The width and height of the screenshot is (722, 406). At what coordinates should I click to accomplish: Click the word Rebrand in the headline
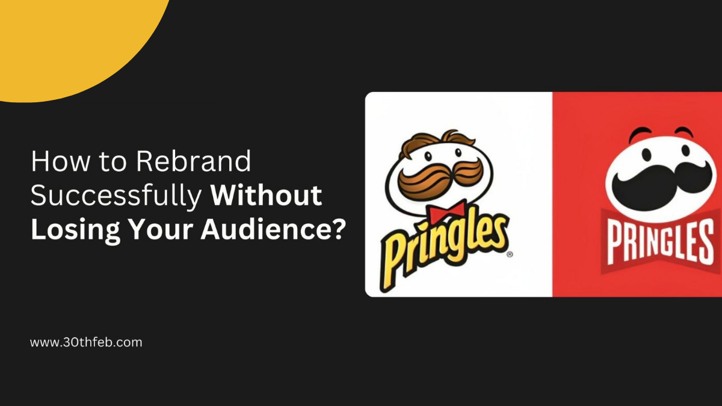click(x=193, y=161)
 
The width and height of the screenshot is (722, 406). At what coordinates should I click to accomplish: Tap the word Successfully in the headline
click(x=116, y=195)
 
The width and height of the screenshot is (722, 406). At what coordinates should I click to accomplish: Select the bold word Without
click(x=266, y=195)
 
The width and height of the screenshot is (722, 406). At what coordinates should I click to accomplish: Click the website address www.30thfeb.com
click(x=86, y=342)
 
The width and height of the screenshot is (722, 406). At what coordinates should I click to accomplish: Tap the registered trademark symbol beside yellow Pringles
click(x=510, y=254)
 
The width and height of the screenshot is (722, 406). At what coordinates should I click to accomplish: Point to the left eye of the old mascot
click(x=428, y=156)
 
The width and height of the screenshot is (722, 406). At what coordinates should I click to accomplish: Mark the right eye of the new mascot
click(x=685, y=150)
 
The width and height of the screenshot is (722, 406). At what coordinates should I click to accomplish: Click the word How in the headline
click(x=60, y=161)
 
